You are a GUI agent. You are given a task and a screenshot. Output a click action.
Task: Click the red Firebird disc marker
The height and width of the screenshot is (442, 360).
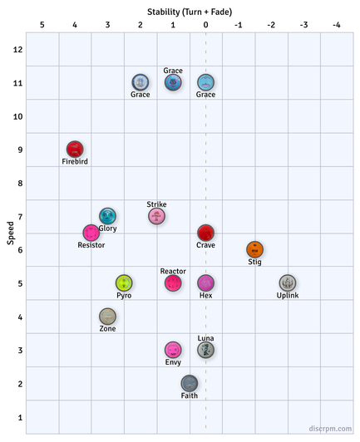click(x=75, y=149)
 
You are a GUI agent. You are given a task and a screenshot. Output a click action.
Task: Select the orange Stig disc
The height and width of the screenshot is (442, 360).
click(x=254, y=249)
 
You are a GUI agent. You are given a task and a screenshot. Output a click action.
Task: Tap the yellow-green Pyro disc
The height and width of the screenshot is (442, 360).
click(x=124, y=283)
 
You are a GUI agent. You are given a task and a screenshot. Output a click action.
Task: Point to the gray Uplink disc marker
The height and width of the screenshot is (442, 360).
click(x=288, y=283)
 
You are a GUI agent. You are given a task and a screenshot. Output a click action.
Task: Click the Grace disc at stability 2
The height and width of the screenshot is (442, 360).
click(x=141, y=82)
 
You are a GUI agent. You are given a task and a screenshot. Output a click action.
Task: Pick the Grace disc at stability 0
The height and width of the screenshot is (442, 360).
click(x=205, y=82)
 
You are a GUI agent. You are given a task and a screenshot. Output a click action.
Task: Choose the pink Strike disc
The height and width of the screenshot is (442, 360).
click(x=156, y=216)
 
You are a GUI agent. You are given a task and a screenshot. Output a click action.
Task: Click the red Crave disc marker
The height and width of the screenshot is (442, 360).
click(x=205, y=233)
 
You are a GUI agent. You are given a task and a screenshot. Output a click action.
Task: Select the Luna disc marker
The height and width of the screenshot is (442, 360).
click(x=205, y=350)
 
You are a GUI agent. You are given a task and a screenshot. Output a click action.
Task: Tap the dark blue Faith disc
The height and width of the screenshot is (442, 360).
click(x=190, y=383)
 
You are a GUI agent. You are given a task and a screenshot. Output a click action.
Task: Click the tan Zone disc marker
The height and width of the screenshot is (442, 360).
click(x=107, y=317)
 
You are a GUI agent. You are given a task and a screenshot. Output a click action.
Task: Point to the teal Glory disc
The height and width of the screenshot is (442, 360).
click(x=107, y=216)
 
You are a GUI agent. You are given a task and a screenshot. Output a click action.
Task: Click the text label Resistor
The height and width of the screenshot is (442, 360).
click(x=91, y=245)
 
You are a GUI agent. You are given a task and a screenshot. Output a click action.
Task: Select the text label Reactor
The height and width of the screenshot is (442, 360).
click(x=173, y=271)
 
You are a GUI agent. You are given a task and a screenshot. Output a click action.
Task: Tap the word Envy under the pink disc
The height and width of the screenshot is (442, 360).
click(x=173, y=362)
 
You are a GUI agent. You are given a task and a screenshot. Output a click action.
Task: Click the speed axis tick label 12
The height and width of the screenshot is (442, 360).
click(x=17, y=50)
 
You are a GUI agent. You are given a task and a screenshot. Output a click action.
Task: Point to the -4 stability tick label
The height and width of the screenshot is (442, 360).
click(x=336, y=25)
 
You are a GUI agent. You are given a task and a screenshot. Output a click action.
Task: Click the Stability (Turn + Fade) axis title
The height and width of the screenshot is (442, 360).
click(x=190, y=12)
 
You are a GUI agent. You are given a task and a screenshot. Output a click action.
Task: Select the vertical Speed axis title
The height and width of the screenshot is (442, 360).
click(x=11, y=233)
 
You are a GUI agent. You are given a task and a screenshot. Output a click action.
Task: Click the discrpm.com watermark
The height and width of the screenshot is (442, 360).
click(x=330, y=429)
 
